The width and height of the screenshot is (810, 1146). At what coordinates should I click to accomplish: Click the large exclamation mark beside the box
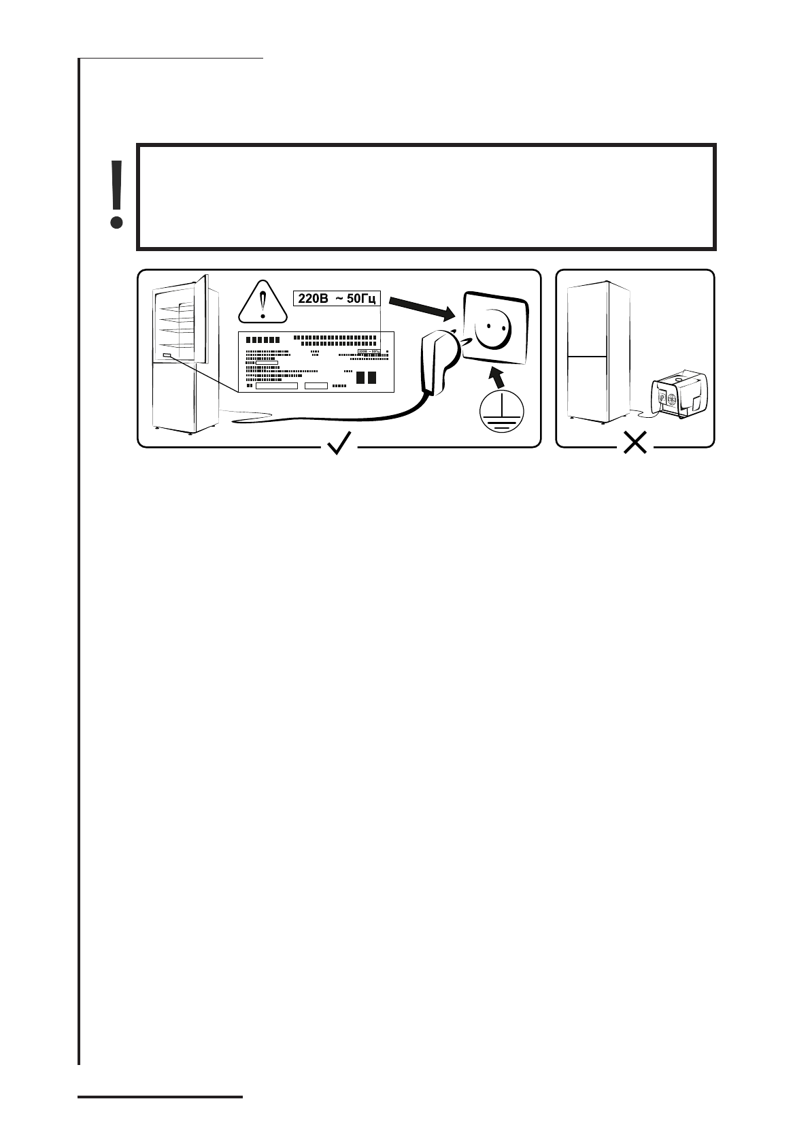tap(117, 194)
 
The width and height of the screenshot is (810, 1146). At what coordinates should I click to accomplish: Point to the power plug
tap(436, 361)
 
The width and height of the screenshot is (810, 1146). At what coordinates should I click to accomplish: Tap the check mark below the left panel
tap(339, 444)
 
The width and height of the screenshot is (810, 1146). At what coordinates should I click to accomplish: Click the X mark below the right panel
tap(635, 445)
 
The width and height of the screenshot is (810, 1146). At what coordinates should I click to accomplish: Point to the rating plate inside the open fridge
tap(167, 355)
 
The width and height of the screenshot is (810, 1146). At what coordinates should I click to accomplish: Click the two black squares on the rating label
tap(366, 378)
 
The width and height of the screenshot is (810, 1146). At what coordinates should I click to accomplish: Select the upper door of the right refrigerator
tap(589, 318)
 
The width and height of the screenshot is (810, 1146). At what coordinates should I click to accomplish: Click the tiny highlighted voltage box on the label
tap(369, 351)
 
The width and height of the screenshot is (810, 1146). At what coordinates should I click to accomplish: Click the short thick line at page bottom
tap(161, 1096)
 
